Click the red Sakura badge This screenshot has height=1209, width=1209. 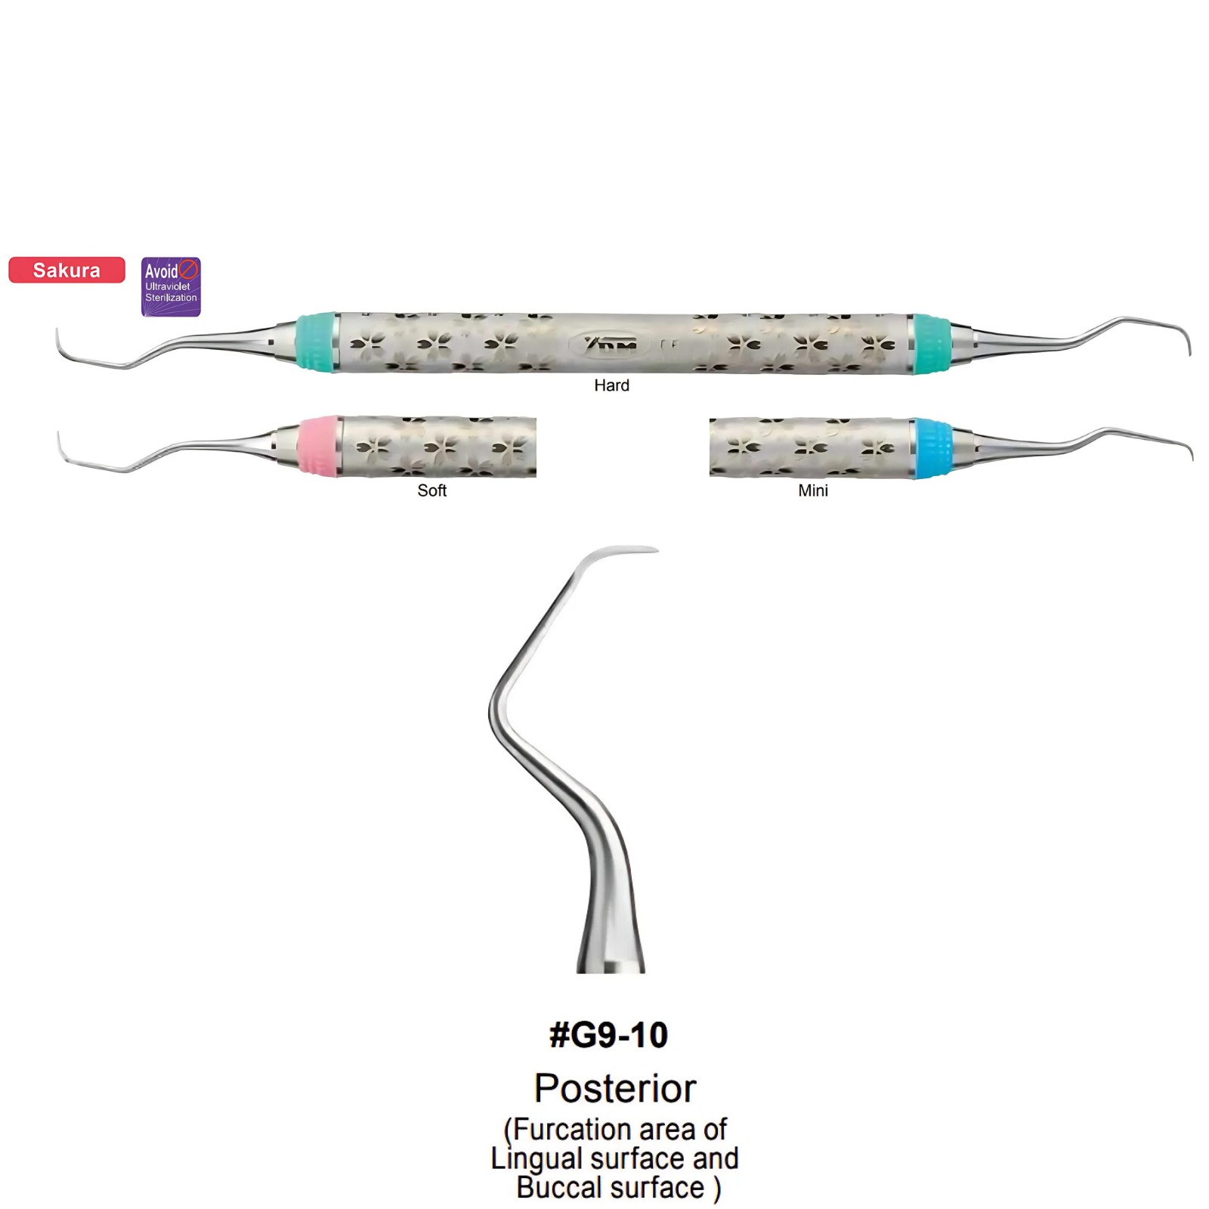(66, 270)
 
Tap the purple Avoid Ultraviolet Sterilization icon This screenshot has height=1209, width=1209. (171, 286)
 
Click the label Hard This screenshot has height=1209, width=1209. (611, 385)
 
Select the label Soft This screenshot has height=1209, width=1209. (431, 490)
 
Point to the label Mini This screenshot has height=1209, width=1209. (813, 490)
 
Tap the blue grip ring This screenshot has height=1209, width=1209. (932, 447)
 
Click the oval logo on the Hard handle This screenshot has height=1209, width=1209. (611, 344)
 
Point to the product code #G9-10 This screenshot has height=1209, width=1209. (609, 1035)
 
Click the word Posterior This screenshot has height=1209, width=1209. (615, 1088)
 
